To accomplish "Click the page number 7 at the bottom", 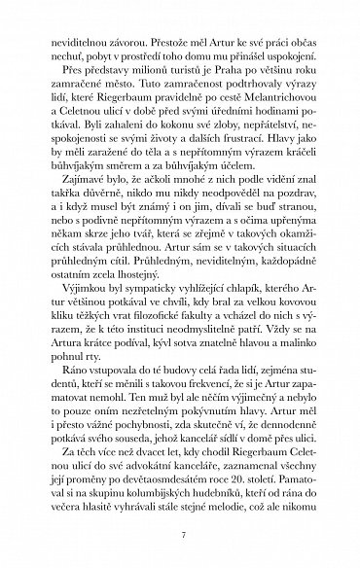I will click(180, 535).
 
